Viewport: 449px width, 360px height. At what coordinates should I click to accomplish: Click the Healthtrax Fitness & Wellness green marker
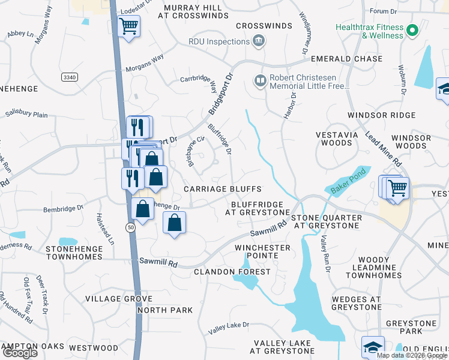coord(412,30)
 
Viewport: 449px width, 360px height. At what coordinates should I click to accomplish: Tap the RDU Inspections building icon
coord(259,41)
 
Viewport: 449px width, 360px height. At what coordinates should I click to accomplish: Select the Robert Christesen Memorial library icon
coord(260,80)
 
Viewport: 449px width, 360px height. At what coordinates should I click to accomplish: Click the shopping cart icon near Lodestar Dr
coord(128,26)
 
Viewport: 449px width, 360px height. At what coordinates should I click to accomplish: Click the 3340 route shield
coord(69,77)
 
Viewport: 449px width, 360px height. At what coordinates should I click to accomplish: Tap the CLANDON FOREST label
coord(232,272)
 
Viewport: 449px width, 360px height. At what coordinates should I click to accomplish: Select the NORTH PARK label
coord(165,310)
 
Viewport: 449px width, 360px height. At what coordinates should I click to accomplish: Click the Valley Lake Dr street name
coord(228,327)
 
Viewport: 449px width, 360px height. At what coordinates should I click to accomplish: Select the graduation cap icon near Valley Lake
coord(372,346)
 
